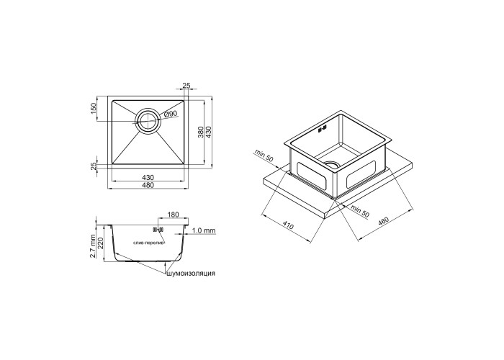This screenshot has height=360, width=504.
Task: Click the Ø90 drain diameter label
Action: coord(171,114)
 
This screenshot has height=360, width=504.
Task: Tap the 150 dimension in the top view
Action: coord(94,108)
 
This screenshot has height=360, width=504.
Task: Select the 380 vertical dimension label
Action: coord(200,132)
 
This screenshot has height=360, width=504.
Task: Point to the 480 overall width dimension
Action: coord(148,185)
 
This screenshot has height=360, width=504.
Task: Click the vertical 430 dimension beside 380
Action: coord(208,132)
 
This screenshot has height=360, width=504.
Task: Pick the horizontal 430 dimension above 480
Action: coord(148,177)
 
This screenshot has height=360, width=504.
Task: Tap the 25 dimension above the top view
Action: coord(186,86)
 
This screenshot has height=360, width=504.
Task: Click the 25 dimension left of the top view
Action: coord(94,166)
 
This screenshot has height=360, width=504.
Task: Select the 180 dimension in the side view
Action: coord(173,215)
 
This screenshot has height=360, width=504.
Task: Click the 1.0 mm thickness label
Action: coord(204,231)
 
